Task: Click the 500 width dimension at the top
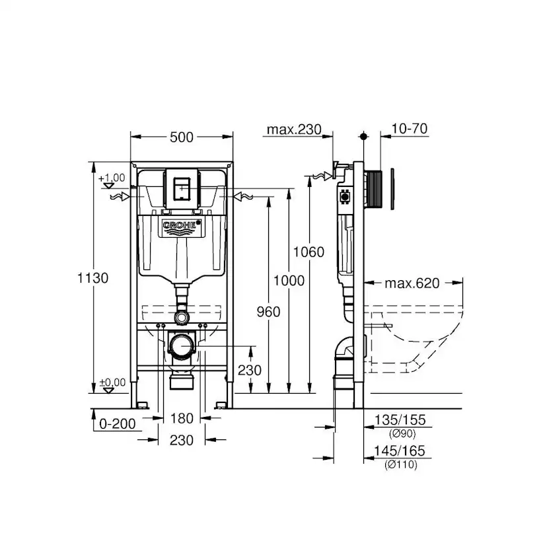coord(182,137)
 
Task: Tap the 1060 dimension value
coord(309,252)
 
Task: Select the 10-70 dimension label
coord(406,129)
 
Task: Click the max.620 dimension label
coord(412,284)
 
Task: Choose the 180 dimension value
coord(181,418)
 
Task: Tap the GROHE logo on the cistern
coord(181,227)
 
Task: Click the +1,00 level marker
coord(112,178)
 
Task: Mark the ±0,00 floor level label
coord(112,382)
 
